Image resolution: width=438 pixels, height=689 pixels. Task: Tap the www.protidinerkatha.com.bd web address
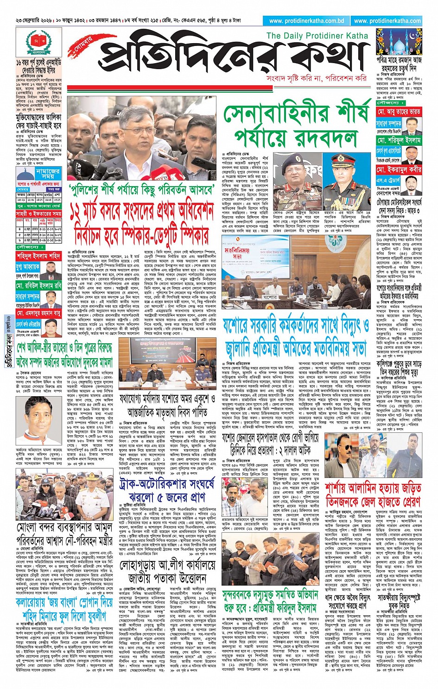[306, 21]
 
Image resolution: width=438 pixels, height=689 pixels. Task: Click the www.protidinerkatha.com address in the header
[387, 21]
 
